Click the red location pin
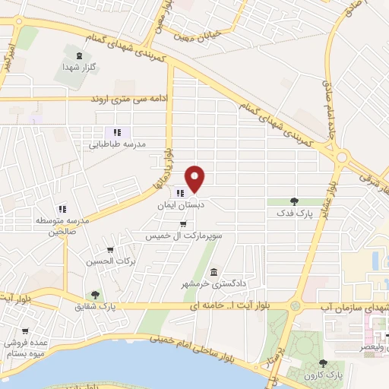[x=196, y=179]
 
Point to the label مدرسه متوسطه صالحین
[x=63, y=226]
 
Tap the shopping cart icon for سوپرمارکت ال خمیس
[x=183, y=224]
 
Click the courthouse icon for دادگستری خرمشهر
[x=213, y=272]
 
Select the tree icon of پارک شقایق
[x=95, y=295]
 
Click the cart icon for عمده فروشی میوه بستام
[x=26, y=330]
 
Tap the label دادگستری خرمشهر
[x=215, y=284]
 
